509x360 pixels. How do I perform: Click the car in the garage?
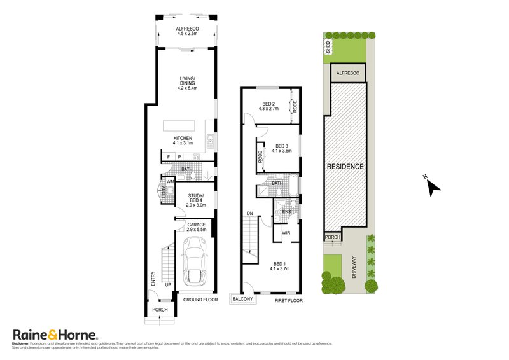click(194, 261)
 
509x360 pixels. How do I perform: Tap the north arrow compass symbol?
click(433, 186)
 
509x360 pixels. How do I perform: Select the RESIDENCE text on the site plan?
click(345, 167)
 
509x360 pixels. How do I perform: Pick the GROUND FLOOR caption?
click(200, 299)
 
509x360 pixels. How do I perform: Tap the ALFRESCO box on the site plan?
click(347, 74)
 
